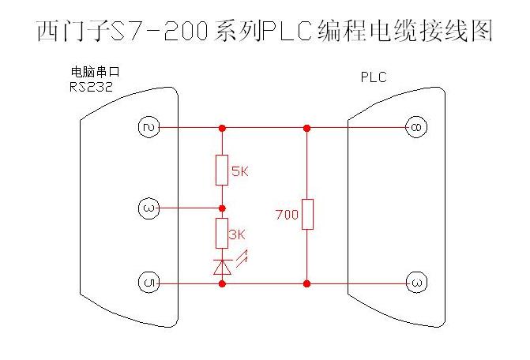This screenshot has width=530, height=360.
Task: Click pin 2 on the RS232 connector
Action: pyautogui.click(x=148, y=127)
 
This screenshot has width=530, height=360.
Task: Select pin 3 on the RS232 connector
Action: pyautogui.click(x=148, y=208)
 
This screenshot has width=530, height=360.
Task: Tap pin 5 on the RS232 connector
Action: pyautogui.click(x=148, y=283)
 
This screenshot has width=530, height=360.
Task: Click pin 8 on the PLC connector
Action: pyautogui.click(x=415, y=127)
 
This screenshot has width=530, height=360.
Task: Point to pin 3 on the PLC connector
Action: pyautogui.click(x=415, y=283)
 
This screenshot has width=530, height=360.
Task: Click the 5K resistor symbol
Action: pyautogui.click(x=222, y=170)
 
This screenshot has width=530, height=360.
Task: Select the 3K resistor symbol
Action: pyautogui.click(x=222, y=234)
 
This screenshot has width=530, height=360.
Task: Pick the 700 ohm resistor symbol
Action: pyautogui.click(x=307, y=214)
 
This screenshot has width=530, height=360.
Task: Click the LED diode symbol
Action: pyautogui.click(x=222, y=267)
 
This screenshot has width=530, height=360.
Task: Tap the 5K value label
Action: pyautogui.click(x=239, y=171)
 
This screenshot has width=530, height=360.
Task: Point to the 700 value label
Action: pyautogui.click(x=286, y=215)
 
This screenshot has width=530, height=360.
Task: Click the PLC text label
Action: pyautogui.click(x=374, y=77)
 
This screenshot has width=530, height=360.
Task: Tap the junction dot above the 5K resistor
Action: pyautogui.click(x=222, y=127)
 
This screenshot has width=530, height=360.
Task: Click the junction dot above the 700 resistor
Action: pyautogui.click(x=307, y=127)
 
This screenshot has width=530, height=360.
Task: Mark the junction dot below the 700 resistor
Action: pyautogui.click(x=307, y=283)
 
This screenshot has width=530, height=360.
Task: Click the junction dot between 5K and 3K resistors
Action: pyautogui.click(x=222, y=208)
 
